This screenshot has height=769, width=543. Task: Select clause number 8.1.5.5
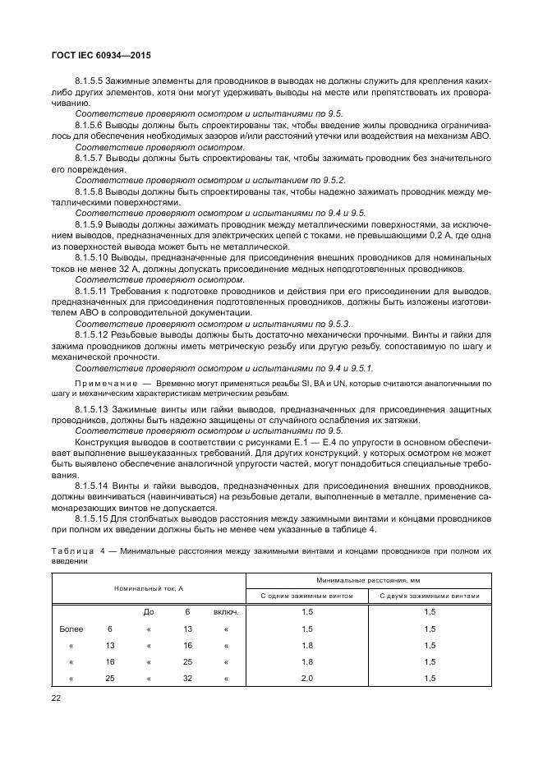(x=90, y=82)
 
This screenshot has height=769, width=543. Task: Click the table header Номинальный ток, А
(x=149, y=588)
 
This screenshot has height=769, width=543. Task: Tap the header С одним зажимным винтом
(x=307, y=596)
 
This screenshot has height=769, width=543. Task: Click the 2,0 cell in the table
(x=307, y=678)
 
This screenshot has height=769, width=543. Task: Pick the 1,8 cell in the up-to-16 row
(x=307, y=645)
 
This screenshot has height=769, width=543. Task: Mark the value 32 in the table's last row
(x=186, y=678)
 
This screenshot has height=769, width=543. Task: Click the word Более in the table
(x=72, y=629)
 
